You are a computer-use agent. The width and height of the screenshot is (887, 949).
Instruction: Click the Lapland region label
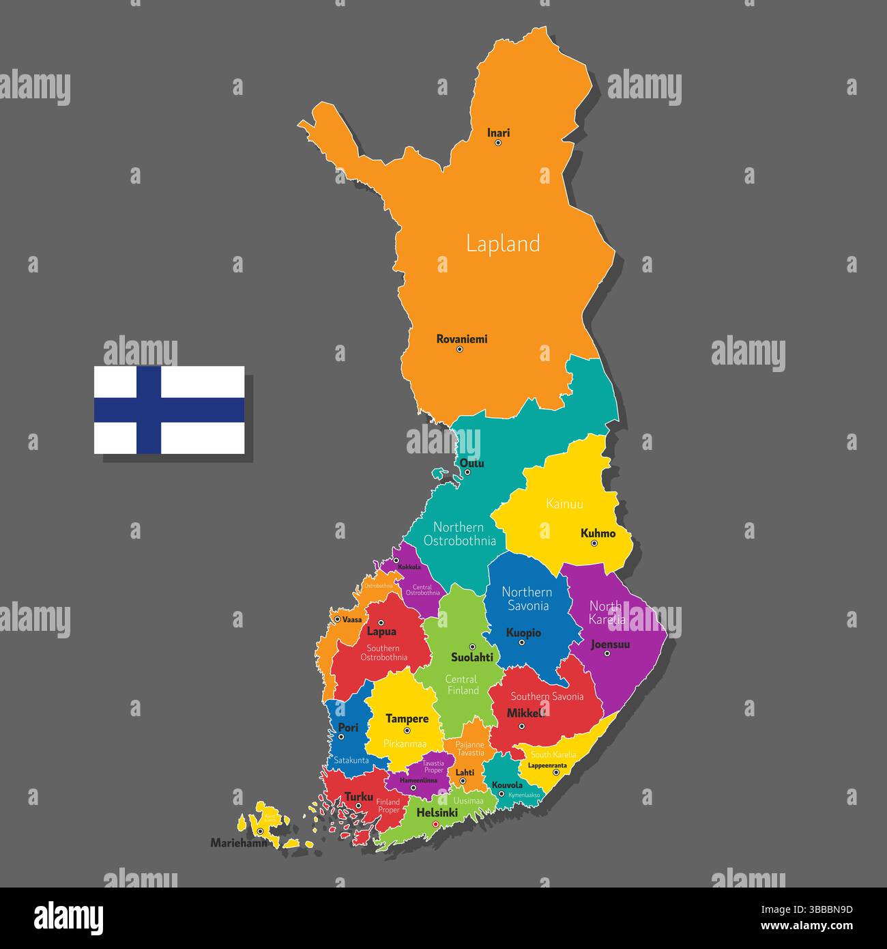[503, 244]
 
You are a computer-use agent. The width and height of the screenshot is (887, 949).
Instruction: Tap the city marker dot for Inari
[498, 143]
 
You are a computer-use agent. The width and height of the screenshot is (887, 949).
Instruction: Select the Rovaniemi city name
[462, 339]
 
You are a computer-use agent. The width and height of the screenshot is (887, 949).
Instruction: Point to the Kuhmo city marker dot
[594, 543]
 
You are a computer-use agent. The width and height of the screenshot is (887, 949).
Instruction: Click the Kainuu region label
[565, 505]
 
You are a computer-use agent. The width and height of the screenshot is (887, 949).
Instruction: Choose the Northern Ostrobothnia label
[459, 534]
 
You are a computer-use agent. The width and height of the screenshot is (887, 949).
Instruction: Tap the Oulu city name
[471, 464]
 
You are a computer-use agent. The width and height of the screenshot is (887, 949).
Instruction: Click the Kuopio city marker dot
[521, 642]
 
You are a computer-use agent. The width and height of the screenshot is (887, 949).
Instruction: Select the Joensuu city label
[610, 644]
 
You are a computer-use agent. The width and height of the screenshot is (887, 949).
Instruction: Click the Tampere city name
[407, 719]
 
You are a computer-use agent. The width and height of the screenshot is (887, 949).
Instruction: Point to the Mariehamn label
[238, 843]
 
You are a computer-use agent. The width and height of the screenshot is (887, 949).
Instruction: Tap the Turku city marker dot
[358, 806]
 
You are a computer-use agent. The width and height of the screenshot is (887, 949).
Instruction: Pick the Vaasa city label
[352, 619]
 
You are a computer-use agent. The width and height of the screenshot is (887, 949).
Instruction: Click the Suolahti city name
[471, 657]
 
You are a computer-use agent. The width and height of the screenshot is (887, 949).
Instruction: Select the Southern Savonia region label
[547, 697]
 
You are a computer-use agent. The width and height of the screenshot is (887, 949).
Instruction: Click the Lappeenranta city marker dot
[556, 772]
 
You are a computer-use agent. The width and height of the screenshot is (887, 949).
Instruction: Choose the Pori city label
[348, 728]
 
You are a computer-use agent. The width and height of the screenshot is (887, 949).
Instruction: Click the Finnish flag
[169, 410]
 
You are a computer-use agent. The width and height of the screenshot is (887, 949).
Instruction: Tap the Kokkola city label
[409, 567]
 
